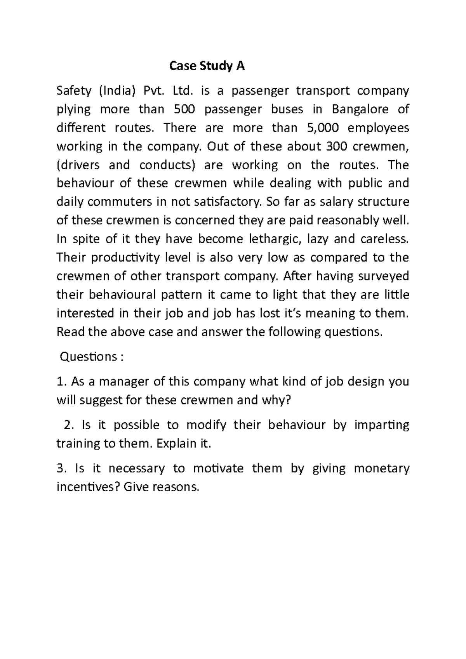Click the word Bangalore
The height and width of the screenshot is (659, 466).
360,109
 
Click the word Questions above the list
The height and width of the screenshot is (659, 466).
88,357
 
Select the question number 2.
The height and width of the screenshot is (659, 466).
68,425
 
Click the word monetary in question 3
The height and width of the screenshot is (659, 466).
382,468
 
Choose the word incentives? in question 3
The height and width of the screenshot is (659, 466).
88,487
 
